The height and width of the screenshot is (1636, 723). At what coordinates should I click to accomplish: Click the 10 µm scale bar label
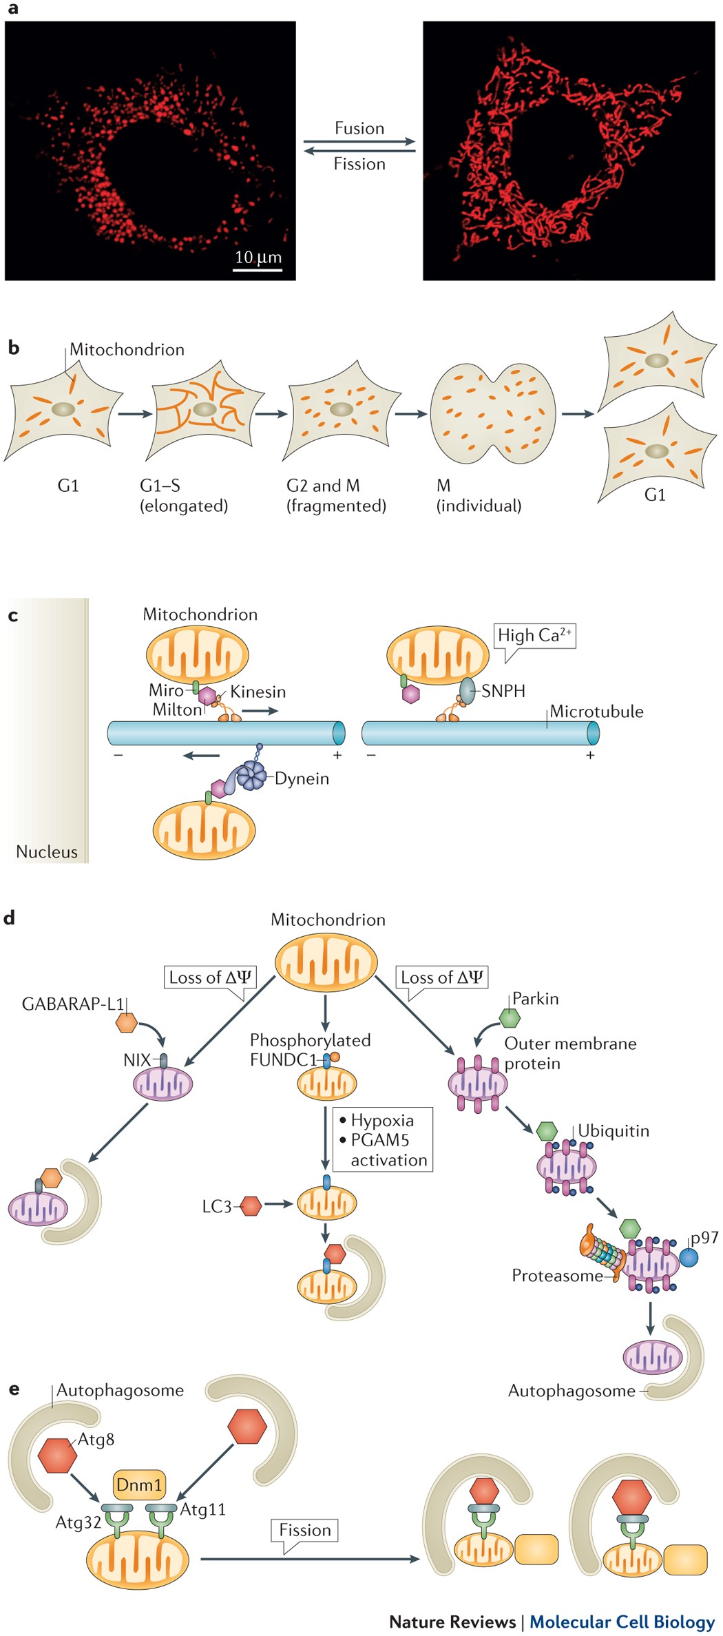pyautogui.click(x=258, y=257)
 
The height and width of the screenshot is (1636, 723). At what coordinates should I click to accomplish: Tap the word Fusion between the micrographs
pyautogui.click(x=359, y=128)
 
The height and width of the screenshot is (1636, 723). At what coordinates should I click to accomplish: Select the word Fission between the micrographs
pyautogui.click(x=359, y=164)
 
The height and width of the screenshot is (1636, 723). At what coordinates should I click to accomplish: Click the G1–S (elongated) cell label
pyautogui.click(x=183, y=495)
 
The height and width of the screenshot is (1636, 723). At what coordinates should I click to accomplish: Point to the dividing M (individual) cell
pyautogui.click(x=492, y=413)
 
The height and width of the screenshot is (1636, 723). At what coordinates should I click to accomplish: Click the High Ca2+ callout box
pyautogui.click(x=534, y=635)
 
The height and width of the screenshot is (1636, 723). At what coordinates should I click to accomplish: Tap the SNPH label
pyautogui.click(x=503, y=691)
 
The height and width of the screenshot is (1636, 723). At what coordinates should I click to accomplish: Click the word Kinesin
pyautogui.click(x=258, y=692)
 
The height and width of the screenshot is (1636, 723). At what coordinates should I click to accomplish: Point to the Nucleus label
pyautogui.click(x=46, y=851)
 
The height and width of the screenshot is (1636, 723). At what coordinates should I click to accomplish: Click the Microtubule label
pyautogui.click(x=596, y=712)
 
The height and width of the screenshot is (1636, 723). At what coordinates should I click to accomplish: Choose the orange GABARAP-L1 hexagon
pyautogui.click(x=127, y=1022)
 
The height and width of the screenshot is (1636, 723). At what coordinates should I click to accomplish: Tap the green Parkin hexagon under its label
pyautogui.click(x=509, y=1017)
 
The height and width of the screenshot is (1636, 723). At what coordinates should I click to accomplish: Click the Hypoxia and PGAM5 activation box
pyautogui.click(x=383, y=1139)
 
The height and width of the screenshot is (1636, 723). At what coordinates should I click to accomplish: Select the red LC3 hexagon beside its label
pyautogui.click(x=251, y=1205)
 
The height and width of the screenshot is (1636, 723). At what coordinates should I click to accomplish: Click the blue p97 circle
pyautogui.click(x=689, y=1257)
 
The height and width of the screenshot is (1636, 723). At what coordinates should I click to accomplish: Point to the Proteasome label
pyautogui.click(x=556, y=1276)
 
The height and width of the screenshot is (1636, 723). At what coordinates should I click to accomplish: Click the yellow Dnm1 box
pyautogui.click(x=139, y=1484)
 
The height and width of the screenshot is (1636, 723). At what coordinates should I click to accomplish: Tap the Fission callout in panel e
pyautogui.click(x=304, y=1530)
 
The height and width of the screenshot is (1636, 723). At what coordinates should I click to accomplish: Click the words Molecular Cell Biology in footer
pyautogui.click(x=622, y=1622)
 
